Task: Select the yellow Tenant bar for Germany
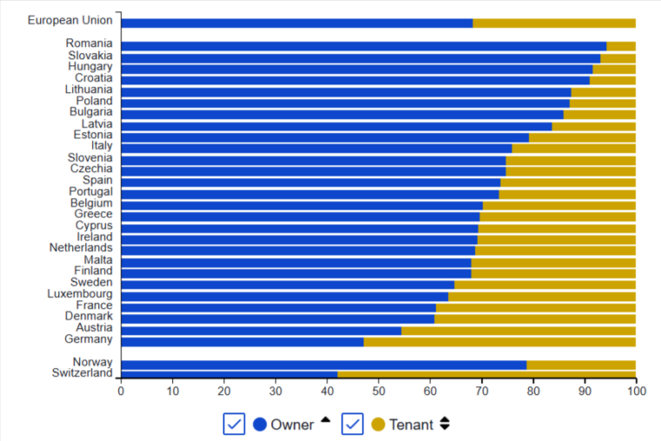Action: coord(499,341)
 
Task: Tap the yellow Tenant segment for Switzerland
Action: coord(486,374)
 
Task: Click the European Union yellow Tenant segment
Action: coord(554,23)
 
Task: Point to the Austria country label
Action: coord(94,329)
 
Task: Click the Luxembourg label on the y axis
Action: coord(80,294)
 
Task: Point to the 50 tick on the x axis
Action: coord(378,391)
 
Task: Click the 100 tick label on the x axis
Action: coord(636,391)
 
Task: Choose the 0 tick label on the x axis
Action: coord(121,391)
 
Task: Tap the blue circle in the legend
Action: coord(260,424)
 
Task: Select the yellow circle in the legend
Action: coord(377,424)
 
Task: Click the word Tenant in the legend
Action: coord(411,424)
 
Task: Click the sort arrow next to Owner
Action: coord(326,420)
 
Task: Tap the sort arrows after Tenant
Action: coord(444,424)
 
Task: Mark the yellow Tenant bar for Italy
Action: coord(573,147)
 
